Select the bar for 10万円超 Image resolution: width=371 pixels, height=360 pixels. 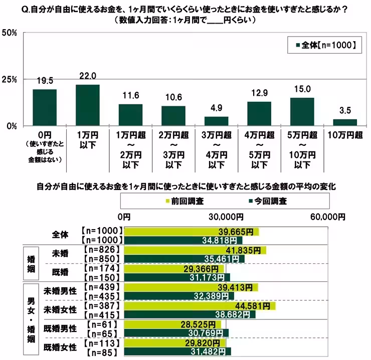click(345, 122)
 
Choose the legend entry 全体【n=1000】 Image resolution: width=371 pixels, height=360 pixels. click(323, 45)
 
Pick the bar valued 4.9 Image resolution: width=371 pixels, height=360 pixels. click(216, 121)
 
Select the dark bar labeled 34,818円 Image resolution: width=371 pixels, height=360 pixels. click(183, 240)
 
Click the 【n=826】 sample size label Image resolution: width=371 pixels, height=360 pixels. click(102, 249)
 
